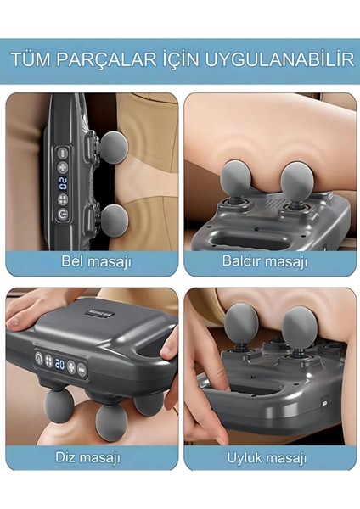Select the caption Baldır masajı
click(264, 260)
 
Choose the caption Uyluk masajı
click(266, 457)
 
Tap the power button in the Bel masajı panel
click(63, 215)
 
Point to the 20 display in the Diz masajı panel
click(60, 363)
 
